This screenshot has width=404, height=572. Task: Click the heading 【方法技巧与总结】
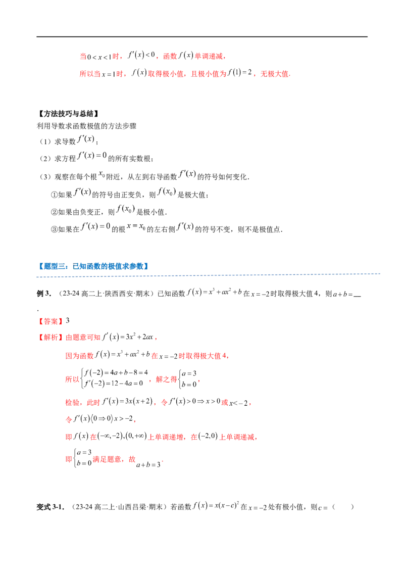68,114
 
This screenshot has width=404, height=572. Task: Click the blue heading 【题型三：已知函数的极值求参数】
93,266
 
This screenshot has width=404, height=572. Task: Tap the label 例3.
44,294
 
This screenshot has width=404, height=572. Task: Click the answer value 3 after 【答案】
68,321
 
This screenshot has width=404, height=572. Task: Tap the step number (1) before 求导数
45,141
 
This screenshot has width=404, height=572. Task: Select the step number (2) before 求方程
45,159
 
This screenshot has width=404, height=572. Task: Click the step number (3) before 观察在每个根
45,177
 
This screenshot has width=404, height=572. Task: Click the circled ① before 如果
54,195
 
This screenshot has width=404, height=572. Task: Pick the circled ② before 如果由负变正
54,212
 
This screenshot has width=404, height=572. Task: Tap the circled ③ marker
54,229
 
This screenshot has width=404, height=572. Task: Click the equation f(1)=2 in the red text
239,73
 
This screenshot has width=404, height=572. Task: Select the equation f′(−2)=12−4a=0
114,384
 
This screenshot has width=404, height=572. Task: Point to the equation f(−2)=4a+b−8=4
116,373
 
